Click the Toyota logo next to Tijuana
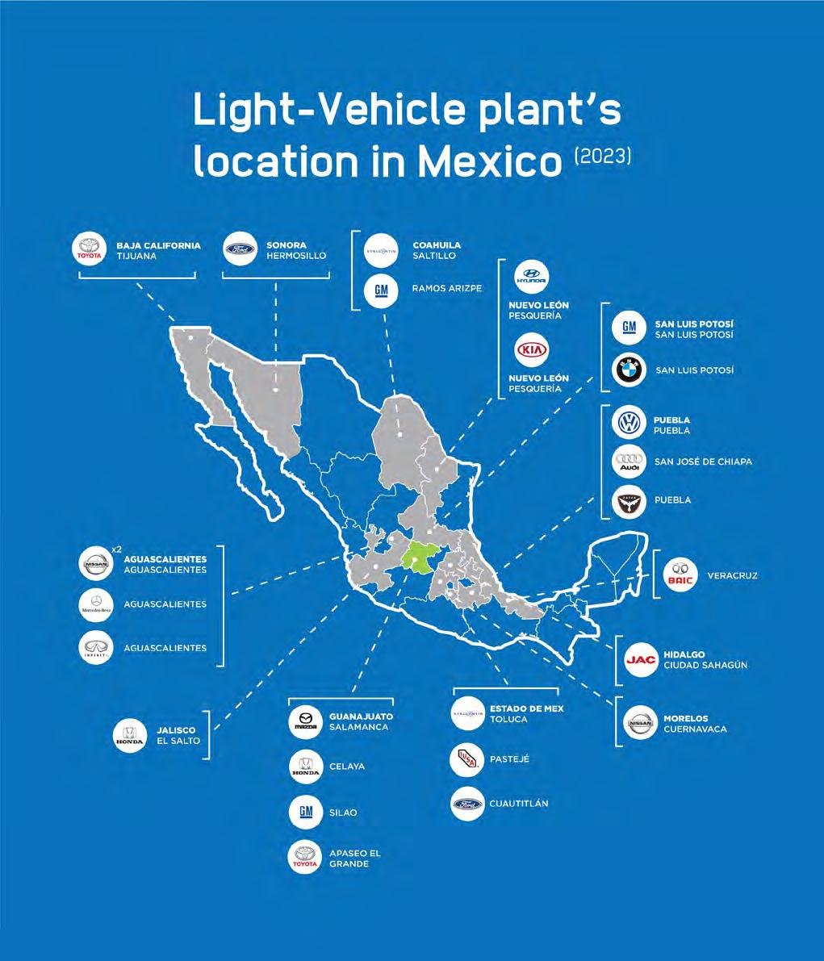(x=90, y=249)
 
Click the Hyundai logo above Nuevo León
(x=532, y=276)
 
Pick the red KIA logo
(x=532, y=352)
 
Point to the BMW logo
(x=629, y=370)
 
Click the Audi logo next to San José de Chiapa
(x=629, y=462)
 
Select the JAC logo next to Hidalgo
(x=641, y=660)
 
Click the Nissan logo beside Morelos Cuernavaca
(x=641, y=724)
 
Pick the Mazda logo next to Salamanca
(x=306, y=721)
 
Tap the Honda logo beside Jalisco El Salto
(x=130, y=735)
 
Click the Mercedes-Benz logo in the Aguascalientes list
(x=97, y=604)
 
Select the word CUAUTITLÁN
(x=518, y=804)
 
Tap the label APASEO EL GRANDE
(x=354, y=859)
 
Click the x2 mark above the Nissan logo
(x=116, y=549)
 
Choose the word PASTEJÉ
(x=509, y=759)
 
